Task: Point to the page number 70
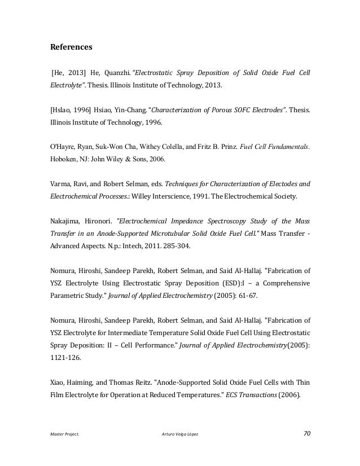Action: pyautogui.click(x=307, y=433)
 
